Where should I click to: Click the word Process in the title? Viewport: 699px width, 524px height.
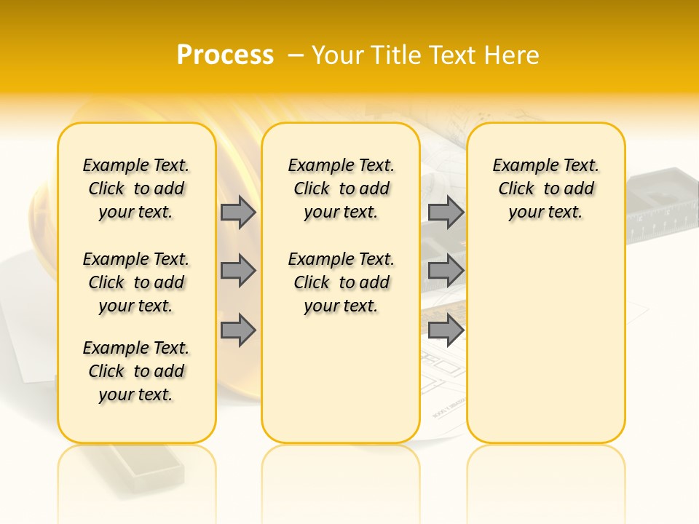pyautogui.click(x=225, y=55)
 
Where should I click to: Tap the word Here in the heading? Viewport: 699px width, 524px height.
pyautogui.click(x=513, y=55)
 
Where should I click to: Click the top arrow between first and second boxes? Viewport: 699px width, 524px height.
pyautogui.click(x=238, y=212)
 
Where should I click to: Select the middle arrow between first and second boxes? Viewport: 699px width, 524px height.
pyautogui.click(x=238, y=271)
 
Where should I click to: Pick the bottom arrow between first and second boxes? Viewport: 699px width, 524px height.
pyautogui.click(x=238, y=330)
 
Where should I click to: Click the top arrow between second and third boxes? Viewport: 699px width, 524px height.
pyautogui.click(x=446, y=212)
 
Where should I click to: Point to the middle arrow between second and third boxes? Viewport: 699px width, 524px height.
pyautogui.click(x=446, y=271)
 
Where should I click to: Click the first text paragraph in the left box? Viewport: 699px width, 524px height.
pyautogui.click(x=136, y=188)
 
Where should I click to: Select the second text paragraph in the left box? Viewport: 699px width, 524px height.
pyautogui.click(x=136, y=282)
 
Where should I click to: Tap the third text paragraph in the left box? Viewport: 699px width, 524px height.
pyautogui.click(x=136, y=371)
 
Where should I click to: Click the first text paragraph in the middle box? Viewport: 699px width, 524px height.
pyautogui.click(x=341, y=188)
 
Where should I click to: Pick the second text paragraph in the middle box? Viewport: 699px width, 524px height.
pyautogui.click(x=341, y=282)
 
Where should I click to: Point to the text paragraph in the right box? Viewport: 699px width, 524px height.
pyautogui.click(x=546, y=188)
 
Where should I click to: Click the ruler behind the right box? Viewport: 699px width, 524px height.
pyautogui.click(x=659, y=218)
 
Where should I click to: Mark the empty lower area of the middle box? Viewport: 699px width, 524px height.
pyautogui.click(x=341, y=378)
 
